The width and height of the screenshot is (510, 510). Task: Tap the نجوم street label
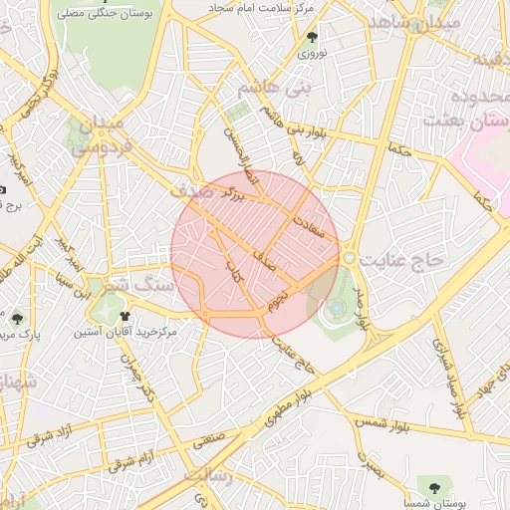pos(281,296)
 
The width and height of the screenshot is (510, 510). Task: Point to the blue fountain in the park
pos(337,309)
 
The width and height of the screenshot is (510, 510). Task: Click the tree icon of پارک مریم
pos(17,319)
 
